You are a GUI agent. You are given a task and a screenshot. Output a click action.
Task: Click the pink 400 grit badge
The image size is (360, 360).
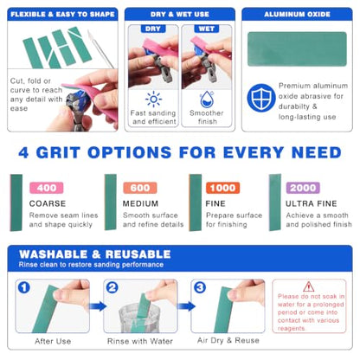point(47,188)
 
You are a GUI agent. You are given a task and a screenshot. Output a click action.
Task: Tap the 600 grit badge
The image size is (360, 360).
point(140,188)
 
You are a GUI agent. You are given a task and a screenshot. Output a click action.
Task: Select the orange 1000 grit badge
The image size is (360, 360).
point(222,188)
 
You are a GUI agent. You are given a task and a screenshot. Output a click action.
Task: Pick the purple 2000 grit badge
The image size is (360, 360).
point(303,188)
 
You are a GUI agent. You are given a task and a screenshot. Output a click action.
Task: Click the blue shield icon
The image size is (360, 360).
point(261,98)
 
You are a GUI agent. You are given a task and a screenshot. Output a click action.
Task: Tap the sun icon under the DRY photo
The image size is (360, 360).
point(153,100)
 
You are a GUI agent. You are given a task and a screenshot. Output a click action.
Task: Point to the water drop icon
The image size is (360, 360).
point(207,100)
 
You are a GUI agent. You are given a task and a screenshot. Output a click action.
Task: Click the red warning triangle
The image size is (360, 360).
point(309,287)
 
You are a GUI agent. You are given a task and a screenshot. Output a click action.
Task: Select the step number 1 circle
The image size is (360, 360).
point(24,287)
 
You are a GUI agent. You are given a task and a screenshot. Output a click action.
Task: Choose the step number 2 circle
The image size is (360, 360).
point(112,287)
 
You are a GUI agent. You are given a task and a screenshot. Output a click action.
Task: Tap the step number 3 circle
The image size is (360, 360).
point(200,287)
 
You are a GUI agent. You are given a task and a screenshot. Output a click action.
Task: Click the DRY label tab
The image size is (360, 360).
point(153,29)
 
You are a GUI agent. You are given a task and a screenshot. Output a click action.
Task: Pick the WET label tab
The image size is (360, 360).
point(207,29)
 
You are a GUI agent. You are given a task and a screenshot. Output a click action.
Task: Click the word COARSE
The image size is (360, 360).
point(48,203)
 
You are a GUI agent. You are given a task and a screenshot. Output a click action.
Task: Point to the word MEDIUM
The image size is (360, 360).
point(140,203)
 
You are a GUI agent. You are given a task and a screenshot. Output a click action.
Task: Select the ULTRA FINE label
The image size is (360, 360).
point(312,203)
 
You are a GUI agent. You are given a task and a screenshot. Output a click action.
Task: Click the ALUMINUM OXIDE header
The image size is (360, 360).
point(297,14)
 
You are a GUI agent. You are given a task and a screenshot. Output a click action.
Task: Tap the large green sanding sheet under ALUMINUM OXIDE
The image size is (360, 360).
point(297,49)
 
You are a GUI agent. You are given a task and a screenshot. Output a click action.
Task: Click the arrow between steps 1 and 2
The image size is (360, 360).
point(97,306)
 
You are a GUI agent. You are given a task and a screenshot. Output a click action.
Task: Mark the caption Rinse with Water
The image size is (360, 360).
point(140,341)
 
